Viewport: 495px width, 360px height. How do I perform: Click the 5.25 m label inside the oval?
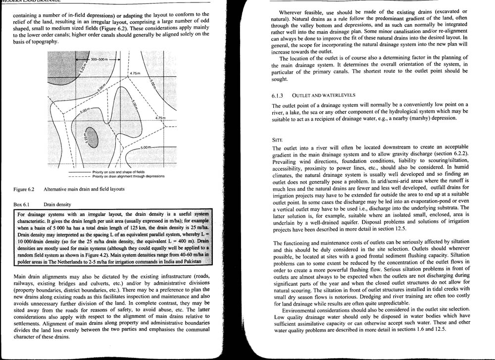point(87,137)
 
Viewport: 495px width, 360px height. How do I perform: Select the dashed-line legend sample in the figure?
point(79,176)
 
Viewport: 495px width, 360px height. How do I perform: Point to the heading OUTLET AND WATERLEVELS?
point(325,95)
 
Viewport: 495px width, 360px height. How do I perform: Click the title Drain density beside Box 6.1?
point(57,204)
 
